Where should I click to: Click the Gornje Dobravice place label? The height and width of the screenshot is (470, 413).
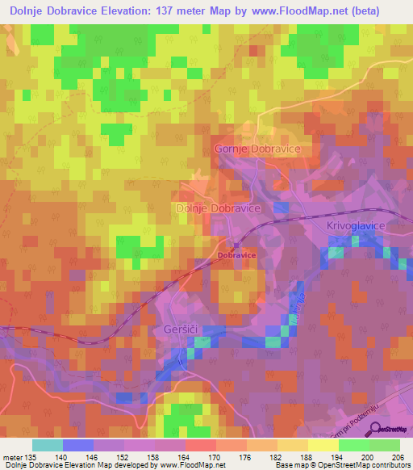(257, 149)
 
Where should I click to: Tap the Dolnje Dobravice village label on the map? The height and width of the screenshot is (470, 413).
(218, 208)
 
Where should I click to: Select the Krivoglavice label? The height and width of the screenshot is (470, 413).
(356, 226)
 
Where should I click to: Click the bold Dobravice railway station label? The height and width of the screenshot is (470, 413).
(236, 255)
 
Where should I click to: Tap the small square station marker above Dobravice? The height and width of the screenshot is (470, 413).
(236, 245)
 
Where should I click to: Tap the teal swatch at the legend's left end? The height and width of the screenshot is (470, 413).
(47, 445)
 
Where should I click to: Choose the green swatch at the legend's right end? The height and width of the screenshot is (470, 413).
(385, 445)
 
